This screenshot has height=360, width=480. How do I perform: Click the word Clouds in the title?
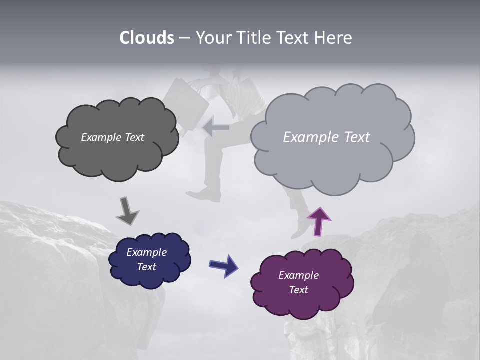coord(147,38)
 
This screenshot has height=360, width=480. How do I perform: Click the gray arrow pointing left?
coord(216,128)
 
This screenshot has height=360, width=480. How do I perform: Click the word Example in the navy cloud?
coord(146,252)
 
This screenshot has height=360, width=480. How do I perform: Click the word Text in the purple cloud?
coord(298,290)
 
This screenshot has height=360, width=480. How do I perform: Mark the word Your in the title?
coord(213,38)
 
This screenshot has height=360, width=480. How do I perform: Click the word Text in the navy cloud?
coord(146,267)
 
